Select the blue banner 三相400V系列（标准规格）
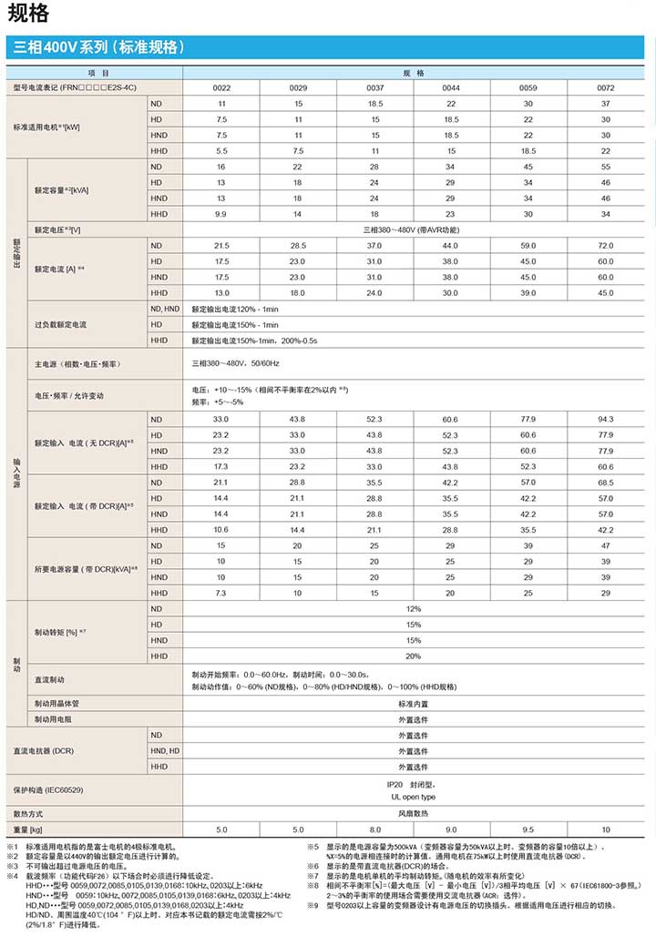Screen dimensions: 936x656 (101, 47)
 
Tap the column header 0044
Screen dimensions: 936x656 (451, 87)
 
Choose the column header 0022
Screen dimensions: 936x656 (221, 87)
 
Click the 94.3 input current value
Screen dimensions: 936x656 (605, 419)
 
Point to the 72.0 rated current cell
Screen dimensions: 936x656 (605, 246)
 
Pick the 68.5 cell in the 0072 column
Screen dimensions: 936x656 (605, 483)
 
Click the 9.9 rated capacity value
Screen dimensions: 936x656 (221, 214)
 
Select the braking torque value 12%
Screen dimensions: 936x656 (413, 608)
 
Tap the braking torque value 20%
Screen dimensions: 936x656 (413, 656)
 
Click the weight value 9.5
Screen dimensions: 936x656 (528, 830)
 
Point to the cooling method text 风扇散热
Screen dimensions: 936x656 (413, 813)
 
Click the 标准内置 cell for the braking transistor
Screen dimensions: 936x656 (413, 704)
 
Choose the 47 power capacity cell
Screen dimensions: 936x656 (605, 545)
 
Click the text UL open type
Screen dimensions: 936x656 (413, 797)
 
